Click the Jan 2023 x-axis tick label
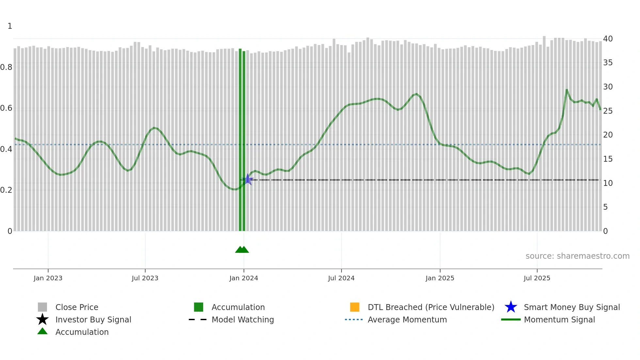pyautogui.click(x=48, y=278)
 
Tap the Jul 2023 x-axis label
pyautogui.click(x=145, y=278)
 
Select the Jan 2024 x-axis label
pyautogui.click(x=244, y=278)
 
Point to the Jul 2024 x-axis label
pyautogui.click(x=341, y=278)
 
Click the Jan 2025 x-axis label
pyautogui.click(x=440, y=278)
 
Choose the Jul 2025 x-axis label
pyautogui.click(x=537, y=278)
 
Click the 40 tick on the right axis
pyautogui.click(x=608, y=39)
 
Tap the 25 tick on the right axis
pyautogui.click(x=608, y=111)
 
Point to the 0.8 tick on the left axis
pyautogui.click(x=6, y=67)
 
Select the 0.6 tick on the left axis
pyautogui.click(x=6, y=108)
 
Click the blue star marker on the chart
pyautogui.click(x=248, y=179)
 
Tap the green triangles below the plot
pyautogui.click(x=242, y=250)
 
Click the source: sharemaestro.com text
pyautogui.click(x=577, y=256)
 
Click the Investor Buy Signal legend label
pyautogui.click(x=93, y=319)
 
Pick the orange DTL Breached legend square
pyautogui.click(x=355, y=307)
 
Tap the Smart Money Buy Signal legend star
pyautogui.click(x=511, y=307)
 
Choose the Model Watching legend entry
pyautogui.click(x=243, y=319)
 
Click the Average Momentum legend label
pyautogui.click(x=407, y=319)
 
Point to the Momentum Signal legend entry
pyautogui.click(x=559, y=319)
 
